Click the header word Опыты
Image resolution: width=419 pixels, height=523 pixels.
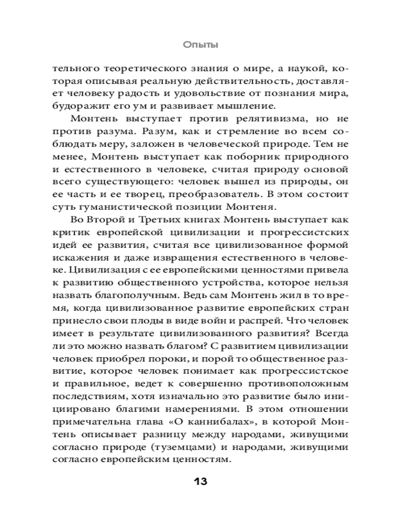coord(201,45)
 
